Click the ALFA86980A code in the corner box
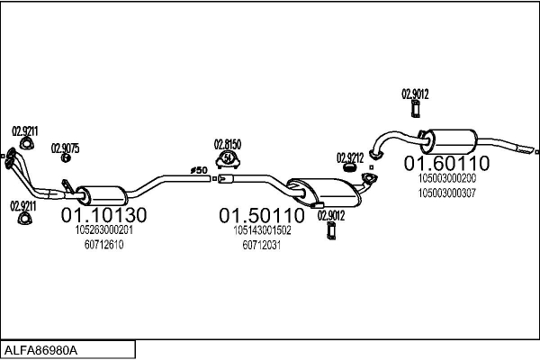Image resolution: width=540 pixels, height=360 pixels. click(41, 349)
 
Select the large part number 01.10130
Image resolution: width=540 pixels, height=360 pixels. click(103, 215)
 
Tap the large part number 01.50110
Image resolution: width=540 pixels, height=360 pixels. click(263, 216)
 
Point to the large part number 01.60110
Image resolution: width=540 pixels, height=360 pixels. click(445, 163)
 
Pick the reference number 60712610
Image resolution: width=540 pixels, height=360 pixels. click(103, 245)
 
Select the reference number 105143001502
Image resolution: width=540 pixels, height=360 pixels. click(263, 231)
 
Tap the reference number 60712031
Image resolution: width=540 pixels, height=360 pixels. click(263, 245)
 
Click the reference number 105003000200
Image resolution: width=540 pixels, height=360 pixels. click(446, 178)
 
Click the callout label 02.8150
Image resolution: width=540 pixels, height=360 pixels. click(227, 144)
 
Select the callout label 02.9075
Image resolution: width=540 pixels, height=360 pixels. click(65, 148)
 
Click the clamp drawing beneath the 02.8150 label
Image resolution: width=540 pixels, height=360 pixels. click(228, 160)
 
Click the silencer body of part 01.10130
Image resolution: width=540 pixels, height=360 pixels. click(102, 193)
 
